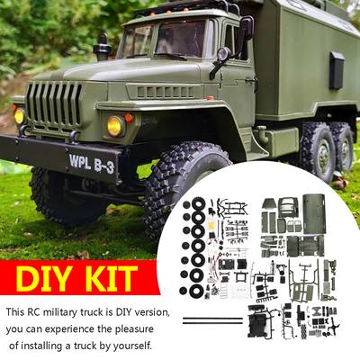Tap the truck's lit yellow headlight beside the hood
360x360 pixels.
coord(115,125)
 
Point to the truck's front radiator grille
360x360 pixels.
coord(54,106)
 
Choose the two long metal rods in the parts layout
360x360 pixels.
coord(212,319)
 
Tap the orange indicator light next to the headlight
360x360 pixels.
coord(130,117)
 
